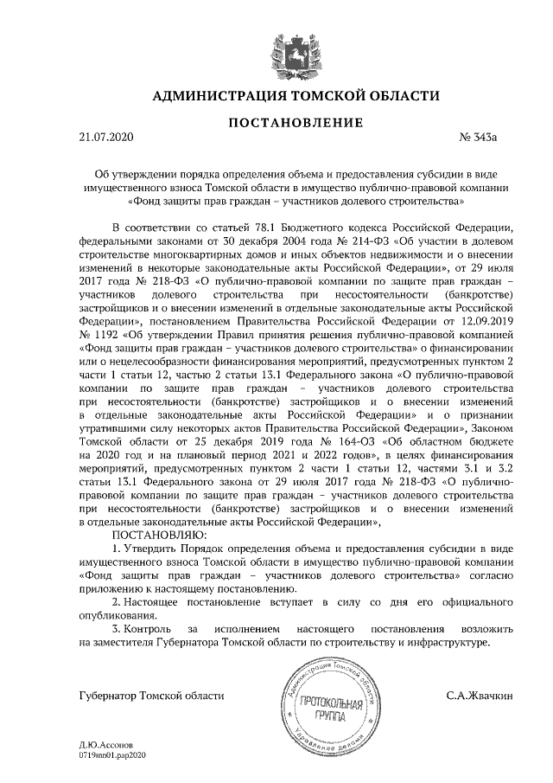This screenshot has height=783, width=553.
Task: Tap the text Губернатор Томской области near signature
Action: [x=139, y=695]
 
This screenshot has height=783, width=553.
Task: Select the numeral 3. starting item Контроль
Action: [x=118, y=627]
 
